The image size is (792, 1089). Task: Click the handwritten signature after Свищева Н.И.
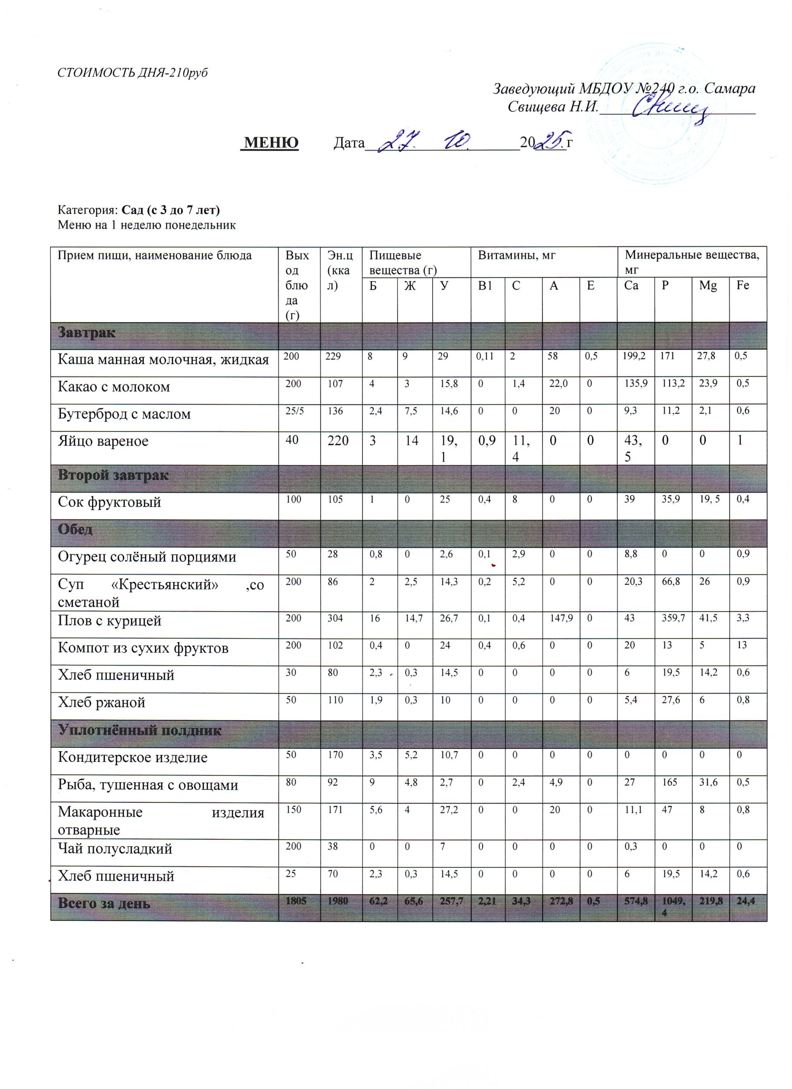669,108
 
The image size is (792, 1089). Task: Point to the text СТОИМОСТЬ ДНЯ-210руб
132,72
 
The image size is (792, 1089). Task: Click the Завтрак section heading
86,332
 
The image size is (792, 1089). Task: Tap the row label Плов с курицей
109,621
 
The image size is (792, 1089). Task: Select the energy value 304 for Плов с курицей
335,618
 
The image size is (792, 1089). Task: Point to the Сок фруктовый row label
109,502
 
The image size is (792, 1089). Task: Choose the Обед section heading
75,530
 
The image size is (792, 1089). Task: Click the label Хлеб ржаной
101,702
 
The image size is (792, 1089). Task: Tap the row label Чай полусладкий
115,849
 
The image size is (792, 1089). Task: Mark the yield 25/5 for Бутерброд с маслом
294,411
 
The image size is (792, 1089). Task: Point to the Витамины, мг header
516,255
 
